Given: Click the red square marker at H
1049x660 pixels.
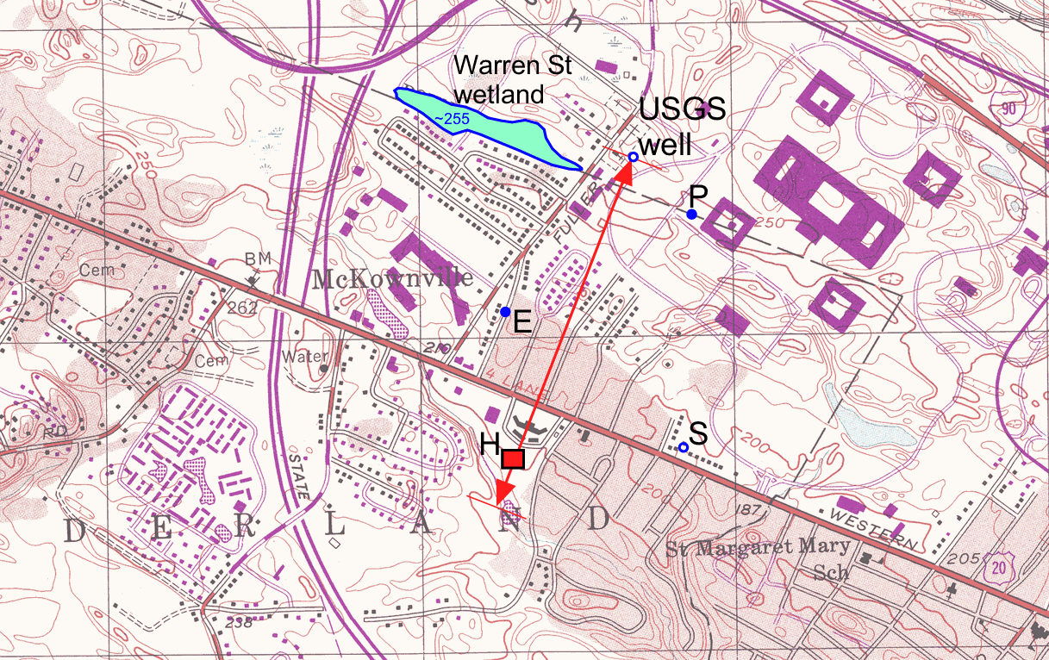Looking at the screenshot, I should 513,459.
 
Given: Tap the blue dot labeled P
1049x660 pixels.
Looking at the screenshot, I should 692,214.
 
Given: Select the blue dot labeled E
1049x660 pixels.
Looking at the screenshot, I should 505,311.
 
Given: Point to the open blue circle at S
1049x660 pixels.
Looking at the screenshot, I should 684,447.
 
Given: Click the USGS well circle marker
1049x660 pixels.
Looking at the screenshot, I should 633,157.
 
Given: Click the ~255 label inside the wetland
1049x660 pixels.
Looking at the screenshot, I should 451,119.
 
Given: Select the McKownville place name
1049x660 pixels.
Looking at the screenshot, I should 392,279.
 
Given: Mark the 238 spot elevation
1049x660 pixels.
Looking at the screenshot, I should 220,622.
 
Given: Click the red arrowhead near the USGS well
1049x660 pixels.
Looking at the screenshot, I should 623,171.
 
